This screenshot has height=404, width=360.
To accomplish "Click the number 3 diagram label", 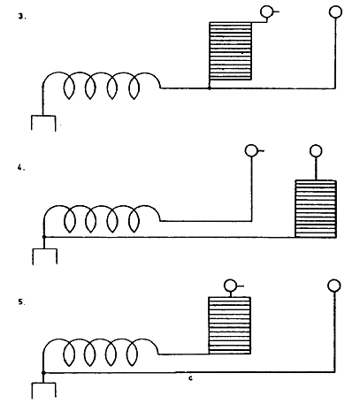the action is (x=21, y=17).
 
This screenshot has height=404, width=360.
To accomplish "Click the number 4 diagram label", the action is (x=20, y=168).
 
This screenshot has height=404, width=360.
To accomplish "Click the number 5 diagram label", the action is (x=21, y=302).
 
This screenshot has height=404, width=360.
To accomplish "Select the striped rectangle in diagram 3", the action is (x=230, y=51).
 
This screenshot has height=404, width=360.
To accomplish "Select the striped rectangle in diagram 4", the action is (x=316, y=209).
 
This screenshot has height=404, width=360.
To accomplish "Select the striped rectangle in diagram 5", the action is (x=230, y=325).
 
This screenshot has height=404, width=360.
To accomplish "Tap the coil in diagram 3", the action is (x=101, y=86).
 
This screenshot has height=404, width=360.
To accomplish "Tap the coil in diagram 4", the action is (x=102, y=218).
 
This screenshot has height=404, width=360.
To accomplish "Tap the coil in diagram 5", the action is (x=100, y=353).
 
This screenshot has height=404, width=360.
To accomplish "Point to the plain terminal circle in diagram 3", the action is (x=335, y=12).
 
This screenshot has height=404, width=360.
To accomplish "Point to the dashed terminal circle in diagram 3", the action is (x=266, y=11).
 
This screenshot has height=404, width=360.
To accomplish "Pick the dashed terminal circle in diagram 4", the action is (x=251, y=150).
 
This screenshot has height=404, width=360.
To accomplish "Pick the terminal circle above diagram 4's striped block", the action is (x=316, y=151).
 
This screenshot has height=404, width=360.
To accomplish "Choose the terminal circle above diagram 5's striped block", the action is (x=230, y=286).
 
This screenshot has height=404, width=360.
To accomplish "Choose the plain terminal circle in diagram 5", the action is (x=334, y=286).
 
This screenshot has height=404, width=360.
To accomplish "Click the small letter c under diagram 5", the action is (x=190, y=378).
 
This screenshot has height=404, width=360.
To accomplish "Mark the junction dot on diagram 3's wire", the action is (x=210, y=88).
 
